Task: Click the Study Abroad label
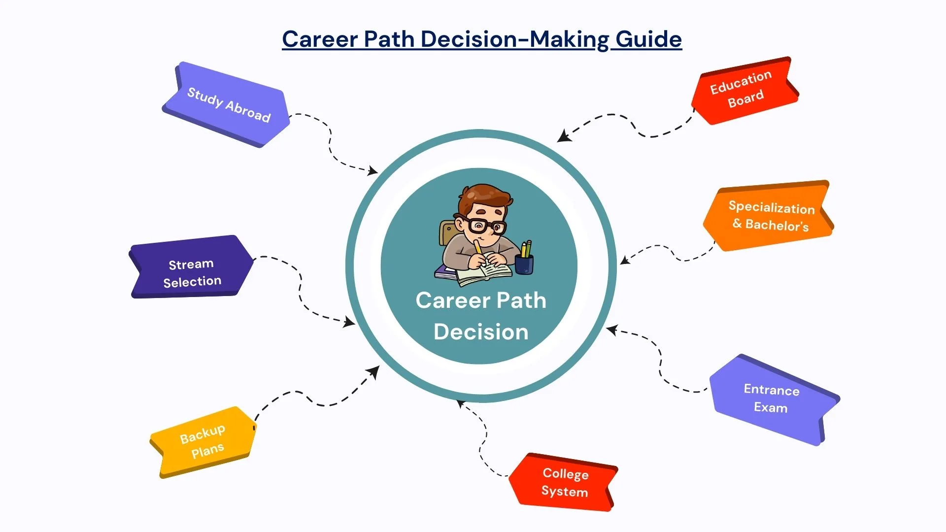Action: pyautogui.click(x=228, y=104)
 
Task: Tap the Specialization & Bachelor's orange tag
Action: pyautogui.click(x=769, y=216)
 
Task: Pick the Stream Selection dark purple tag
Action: pyautogui.click(x=192, y=272)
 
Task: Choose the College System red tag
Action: pyautogui.click(x=564, y=482)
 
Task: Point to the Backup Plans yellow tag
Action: pyautogui.click(x=203, y=441)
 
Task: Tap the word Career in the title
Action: pyautogui.click(x=320, y=39)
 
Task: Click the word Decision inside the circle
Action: pyautogui.click(x=481, y=332)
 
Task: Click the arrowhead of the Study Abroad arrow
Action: pyautogui.click(x=373, y=171)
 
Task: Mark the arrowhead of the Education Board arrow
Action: pyautogui.click(x=563, y=136)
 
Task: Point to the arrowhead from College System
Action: pyautogui.click(x=461, y=404)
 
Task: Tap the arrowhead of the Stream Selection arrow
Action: pyautogui.click(x=350, y=323)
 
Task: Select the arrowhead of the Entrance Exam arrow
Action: pyautogui.click(x=611, y=330)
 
